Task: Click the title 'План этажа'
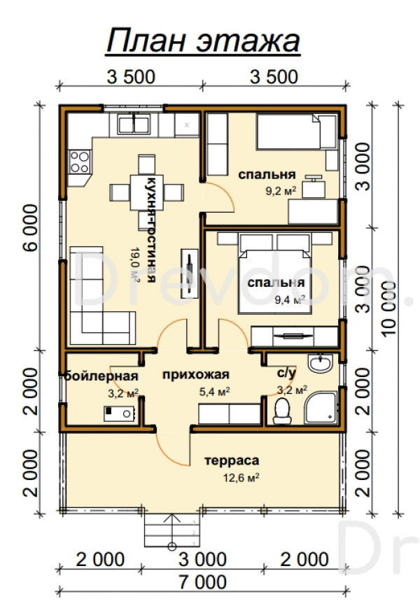point(203,41)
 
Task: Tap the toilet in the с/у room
point(281,410)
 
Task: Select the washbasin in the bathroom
point(320,364)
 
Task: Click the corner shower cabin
point(321,407)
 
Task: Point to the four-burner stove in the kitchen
point(79,162)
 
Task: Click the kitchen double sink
point(134,124)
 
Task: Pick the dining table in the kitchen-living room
point(146,192)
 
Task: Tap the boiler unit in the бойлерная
point(119,413)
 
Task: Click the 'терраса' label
point(232,460)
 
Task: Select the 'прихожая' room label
point(196,375)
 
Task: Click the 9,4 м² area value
point(290,300)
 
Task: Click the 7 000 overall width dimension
point(203,582)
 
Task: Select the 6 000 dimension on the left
point(31,227)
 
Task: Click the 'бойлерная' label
point(101,376)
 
